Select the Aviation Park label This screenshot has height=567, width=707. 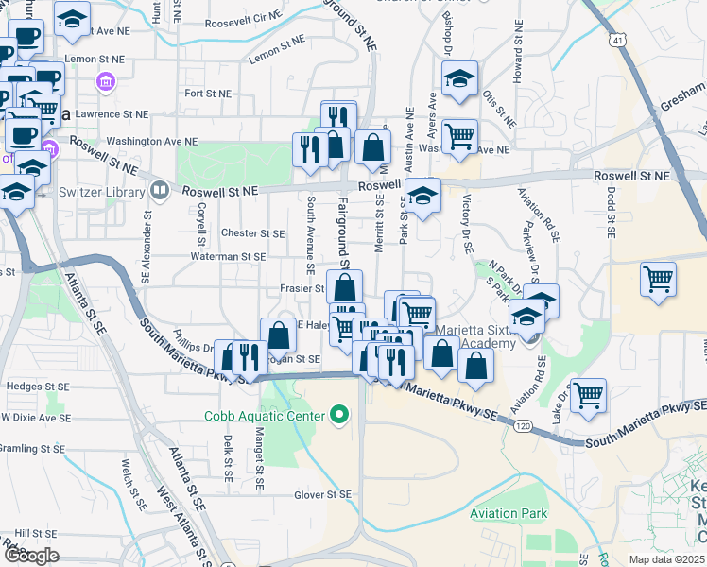point(509,514)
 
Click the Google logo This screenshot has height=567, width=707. point(31,556)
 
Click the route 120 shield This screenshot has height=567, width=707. point(523,427)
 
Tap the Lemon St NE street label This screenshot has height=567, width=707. point(277,57)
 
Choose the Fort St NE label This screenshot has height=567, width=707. point(208,94)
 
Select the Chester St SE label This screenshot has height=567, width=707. point(252,233)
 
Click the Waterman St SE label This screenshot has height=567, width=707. point(227,256)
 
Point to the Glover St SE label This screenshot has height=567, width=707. point(322,494)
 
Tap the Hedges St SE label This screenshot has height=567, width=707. point(38,387)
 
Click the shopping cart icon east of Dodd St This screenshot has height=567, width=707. point(658,280)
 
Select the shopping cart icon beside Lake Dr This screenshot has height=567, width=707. point(588,394)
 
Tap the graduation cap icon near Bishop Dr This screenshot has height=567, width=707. point(460,78)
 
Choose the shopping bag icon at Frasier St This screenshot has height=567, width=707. point(345,287)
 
